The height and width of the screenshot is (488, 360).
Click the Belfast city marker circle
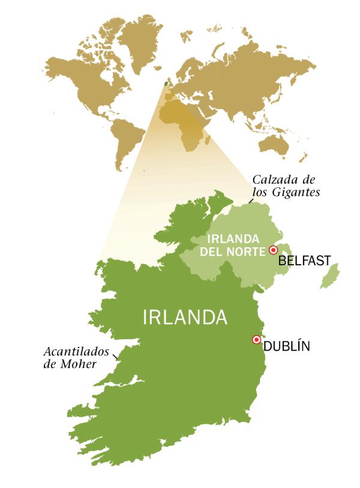[x=274, y=249]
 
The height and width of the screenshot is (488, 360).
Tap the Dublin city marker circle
[x=257, y=339]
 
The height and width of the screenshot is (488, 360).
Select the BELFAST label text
[x=305, y=261]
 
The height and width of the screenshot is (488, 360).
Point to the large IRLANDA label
[x=185, y=318]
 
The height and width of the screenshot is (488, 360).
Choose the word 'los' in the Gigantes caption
[x=260, y=192]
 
